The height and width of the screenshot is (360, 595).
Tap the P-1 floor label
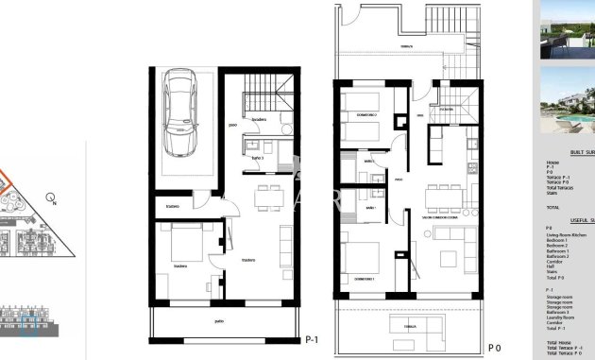(x=312, y=339)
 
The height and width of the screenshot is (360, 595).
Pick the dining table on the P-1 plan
(x=268, y=197)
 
